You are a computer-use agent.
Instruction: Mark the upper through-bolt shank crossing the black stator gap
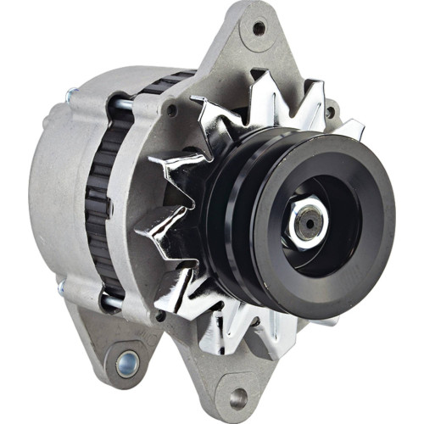(119, 104)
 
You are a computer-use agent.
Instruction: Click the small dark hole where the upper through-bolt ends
(171, 110)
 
